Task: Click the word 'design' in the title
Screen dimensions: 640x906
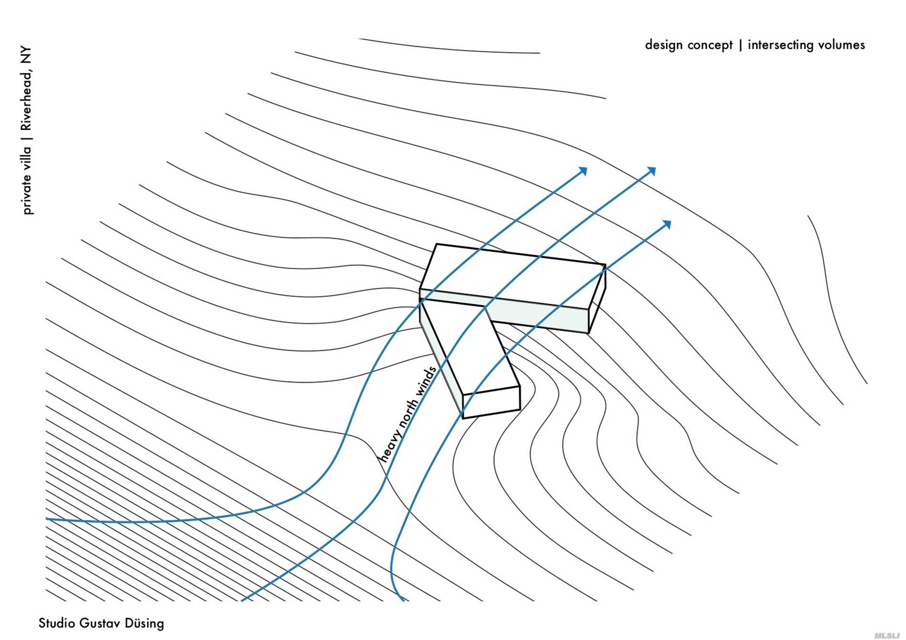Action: (x=663, y=45)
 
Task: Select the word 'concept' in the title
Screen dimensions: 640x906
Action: (x=710, y=45)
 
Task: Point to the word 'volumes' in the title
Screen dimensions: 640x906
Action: (x=842, y=45)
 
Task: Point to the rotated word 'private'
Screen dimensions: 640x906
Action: (x=27, y=194)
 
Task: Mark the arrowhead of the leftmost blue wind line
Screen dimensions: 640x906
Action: (x=583, y=171)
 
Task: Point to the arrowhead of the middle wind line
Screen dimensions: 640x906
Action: (x=652, y=171)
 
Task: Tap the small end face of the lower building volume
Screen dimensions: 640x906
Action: (x=491, y=402)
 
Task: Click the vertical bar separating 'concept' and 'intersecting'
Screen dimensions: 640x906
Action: (x=740, y=45)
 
